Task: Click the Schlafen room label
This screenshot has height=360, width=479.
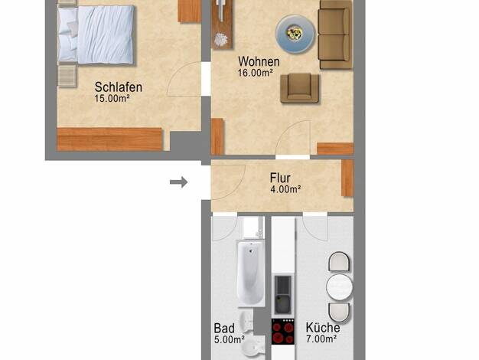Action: (119, 87)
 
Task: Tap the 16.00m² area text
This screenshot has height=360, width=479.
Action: (256, 73)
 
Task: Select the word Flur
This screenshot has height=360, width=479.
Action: (280, 178)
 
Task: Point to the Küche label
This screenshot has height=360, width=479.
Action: (323, 328)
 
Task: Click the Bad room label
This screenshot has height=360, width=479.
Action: (224, 329)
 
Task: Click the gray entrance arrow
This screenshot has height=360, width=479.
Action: (179, 182)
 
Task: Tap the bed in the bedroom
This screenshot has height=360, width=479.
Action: (96, 34)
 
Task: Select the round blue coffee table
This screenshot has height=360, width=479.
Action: (295, 34)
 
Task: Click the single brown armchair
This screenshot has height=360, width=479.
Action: (300, 88)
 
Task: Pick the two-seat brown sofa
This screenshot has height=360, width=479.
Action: (335, 34)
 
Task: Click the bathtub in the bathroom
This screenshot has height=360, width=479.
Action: (251, 273)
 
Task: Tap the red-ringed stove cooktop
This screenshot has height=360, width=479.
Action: (283, 331)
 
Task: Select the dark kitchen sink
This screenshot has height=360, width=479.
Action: (283, 295)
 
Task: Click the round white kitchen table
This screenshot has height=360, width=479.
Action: (339, 287)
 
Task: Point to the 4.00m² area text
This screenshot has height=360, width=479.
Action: (285, 189)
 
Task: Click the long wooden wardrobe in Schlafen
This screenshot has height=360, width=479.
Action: (109, 139)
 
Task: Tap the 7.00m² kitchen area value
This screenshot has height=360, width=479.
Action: (321, 339)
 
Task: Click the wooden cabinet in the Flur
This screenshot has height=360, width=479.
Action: (347, 178)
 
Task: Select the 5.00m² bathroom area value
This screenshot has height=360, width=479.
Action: (230, 339)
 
